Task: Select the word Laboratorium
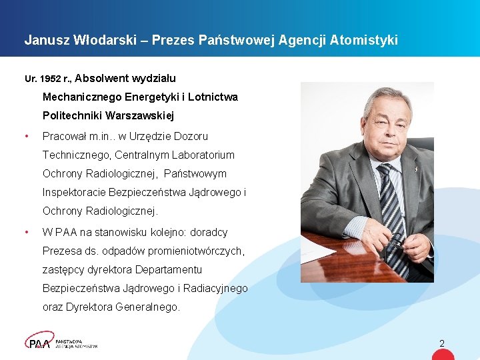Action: coord(203,155)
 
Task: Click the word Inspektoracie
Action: coord(73,193)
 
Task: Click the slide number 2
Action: coord(441,343)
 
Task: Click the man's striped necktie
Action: coord(392,213)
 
